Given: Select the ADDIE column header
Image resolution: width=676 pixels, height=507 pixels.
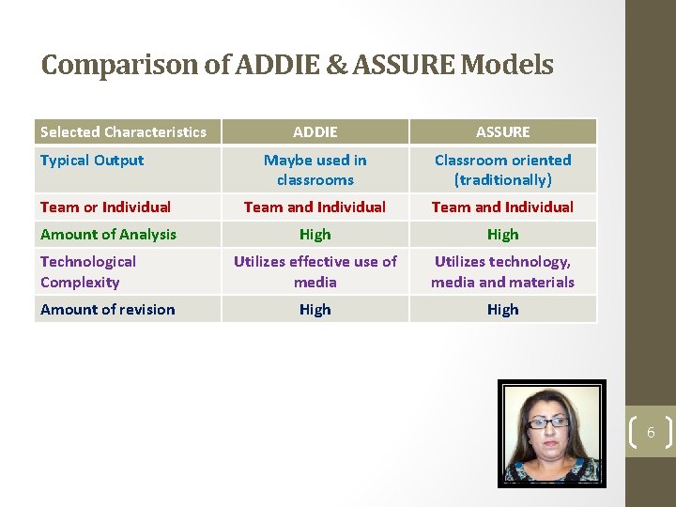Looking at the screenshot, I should tap(315, 131).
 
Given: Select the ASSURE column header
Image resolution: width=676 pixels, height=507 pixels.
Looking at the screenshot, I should tap(502, 131).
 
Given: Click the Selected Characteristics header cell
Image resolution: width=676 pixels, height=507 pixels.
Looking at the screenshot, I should tap(123, 131).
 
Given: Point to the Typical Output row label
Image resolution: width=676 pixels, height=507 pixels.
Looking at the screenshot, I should tap(92, 161).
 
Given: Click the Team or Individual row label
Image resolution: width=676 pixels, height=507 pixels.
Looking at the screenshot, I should tap(105, 207).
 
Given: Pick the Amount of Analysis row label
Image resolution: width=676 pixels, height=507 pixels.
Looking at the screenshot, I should tap(108, 234).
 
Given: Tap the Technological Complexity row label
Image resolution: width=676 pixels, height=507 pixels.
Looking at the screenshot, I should tap(88, 271).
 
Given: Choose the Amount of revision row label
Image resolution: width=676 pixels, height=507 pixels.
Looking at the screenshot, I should tap(107, 309).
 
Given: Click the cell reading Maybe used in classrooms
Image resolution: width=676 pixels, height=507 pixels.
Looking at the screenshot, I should tap(315, 170).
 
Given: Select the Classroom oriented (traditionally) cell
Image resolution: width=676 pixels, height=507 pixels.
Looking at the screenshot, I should tap(502, 170).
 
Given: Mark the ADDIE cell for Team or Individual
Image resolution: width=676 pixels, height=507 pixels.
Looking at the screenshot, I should tap(315, 207).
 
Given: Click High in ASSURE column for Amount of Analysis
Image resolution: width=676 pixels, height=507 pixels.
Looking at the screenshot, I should tap(502, 234).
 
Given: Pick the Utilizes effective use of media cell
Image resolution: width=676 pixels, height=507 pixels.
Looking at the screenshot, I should tap(315, 271).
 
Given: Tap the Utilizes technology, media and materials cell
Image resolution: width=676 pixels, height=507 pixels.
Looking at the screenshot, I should tap(502, 271).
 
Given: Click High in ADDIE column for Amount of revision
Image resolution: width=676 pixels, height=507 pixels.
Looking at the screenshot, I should tap(315, 309).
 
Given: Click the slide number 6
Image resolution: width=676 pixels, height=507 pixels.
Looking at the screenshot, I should tap(650, 433).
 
